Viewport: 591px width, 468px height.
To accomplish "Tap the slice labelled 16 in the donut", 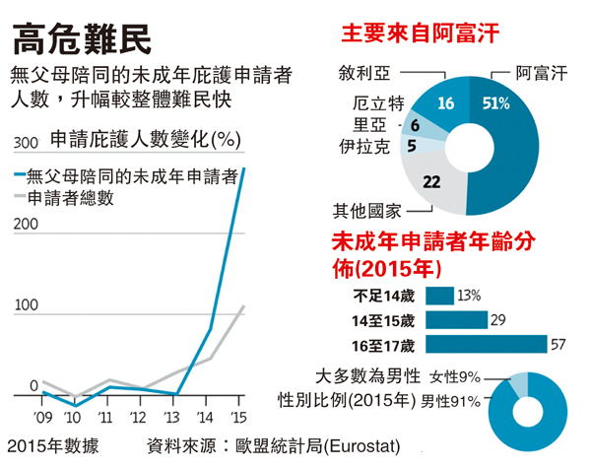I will click(x=445, y=103).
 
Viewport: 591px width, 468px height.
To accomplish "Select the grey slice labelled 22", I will click(x=431, y=181).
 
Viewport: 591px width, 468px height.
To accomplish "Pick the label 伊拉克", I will click(x=363, y=149).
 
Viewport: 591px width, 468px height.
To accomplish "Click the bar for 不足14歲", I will click(x=440, y=295).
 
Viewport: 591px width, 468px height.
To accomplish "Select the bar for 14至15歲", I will click(x=458, y=319).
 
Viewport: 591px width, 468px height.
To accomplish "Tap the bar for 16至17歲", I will click(x=487, y=344).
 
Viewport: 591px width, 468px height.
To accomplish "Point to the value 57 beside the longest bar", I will click(x=559, y=344).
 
